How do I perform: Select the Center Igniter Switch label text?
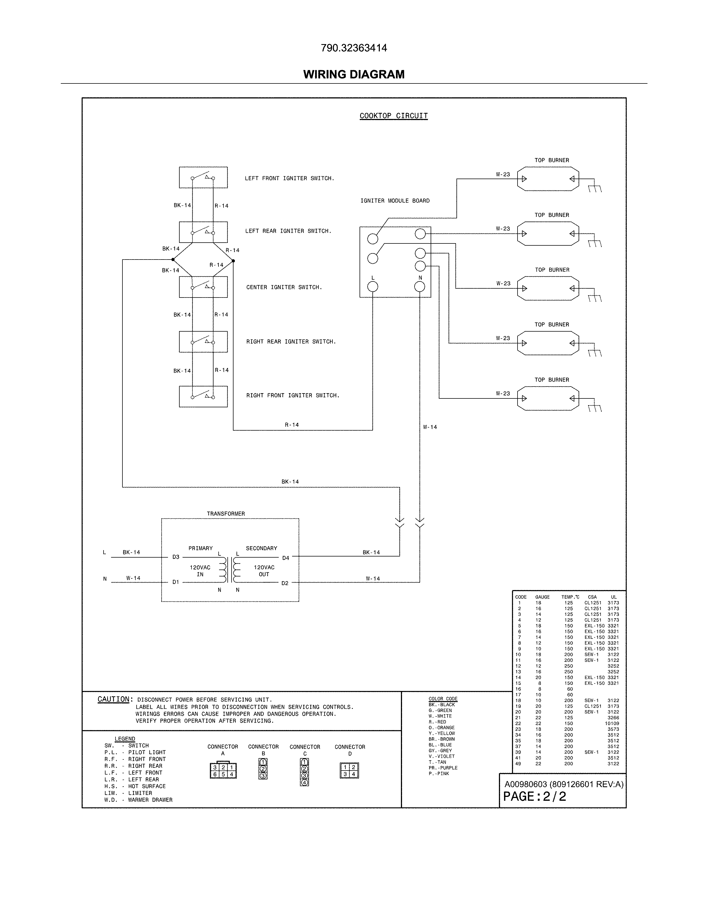coord(284,288)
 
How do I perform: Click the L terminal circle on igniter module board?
coord(372,287)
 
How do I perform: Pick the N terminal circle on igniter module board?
coord(420,287)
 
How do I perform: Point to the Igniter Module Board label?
coord(395,201)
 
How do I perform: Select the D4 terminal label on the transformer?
coord(286,558)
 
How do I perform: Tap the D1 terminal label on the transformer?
coord(176,582)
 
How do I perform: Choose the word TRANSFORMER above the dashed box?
coord(226,514)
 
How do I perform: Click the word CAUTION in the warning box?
coord(114,699)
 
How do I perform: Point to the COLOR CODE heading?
coord(443,699)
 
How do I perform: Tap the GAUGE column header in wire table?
coord(542,597)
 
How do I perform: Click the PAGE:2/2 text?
coord(534,796)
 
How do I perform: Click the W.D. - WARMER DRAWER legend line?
coord(139,800)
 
